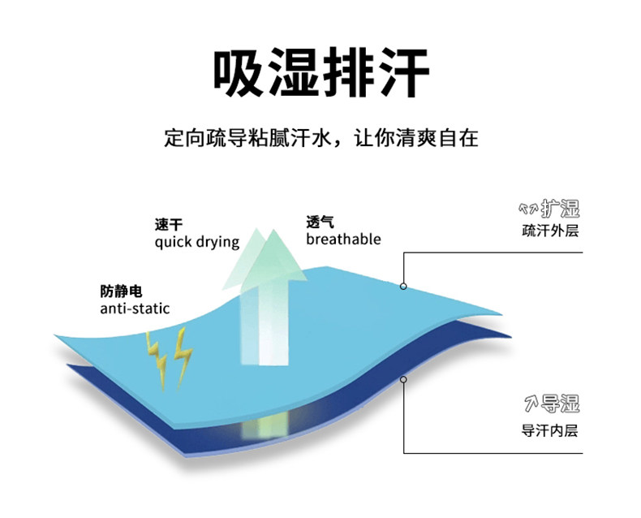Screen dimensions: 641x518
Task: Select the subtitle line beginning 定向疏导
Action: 320,137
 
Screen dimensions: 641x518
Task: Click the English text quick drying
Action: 196,242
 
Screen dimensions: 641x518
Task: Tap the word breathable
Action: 343,239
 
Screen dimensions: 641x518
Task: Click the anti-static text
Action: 135,309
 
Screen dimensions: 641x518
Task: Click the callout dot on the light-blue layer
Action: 403,286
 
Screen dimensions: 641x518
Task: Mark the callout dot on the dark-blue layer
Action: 403,379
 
